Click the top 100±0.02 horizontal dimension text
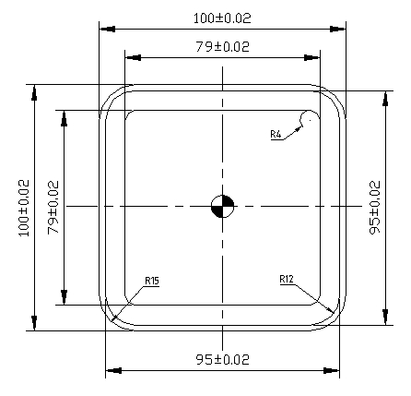(222, 18)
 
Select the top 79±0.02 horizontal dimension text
(222, 45)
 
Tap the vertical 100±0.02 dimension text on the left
(24, 209)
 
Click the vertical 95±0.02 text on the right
(374, 208)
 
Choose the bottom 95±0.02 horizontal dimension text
(222, 358)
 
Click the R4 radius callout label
(276, 135)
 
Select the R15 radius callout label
(151, 280)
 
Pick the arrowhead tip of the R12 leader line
(331, 313)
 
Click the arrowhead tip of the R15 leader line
(112, 320)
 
